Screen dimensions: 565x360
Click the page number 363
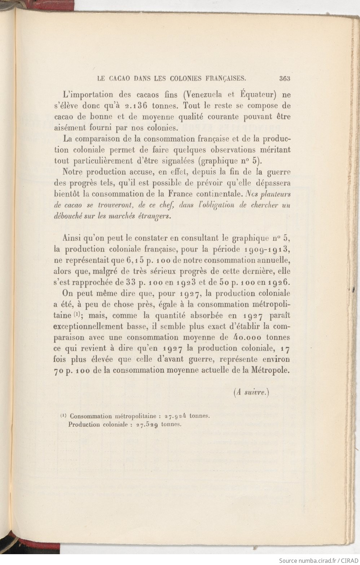284,78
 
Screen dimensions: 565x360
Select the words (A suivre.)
252,393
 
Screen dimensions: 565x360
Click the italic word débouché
69,216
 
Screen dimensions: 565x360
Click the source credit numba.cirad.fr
315,560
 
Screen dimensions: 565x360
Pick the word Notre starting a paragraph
74,172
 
